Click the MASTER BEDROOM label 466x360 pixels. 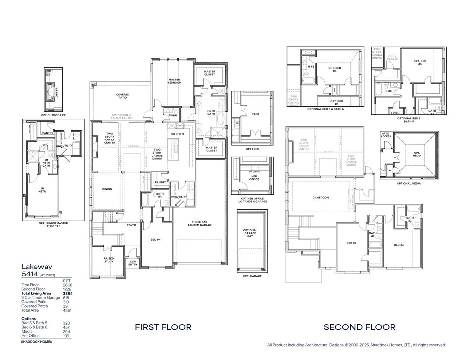174,81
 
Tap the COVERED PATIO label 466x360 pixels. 123,96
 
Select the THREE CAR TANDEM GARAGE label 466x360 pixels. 200,223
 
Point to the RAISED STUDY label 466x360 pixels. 108,260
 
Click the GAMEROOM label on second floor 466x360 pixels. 320,198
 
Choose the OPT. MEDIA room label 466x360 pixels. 417,154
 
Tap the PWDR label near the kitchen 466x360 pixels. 173,116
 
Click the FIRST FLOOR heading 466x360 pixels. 163,327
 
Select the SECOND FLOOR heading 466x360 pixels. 359,327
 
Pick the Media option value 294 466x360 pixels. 66,332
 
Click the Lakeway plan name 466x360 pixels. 32,266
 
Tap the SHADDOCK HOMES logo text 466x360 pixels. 36,342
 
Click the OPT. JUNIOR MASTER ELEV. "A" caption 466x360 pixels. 53,225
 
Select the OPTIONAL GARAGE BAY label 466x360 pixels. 250,233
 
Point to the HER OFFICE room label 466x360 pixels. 254,178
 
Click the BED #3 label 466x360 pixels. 399,245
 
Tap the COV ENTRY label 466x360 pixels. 133,263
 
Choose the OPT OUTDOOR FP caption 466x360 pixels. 54,115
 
